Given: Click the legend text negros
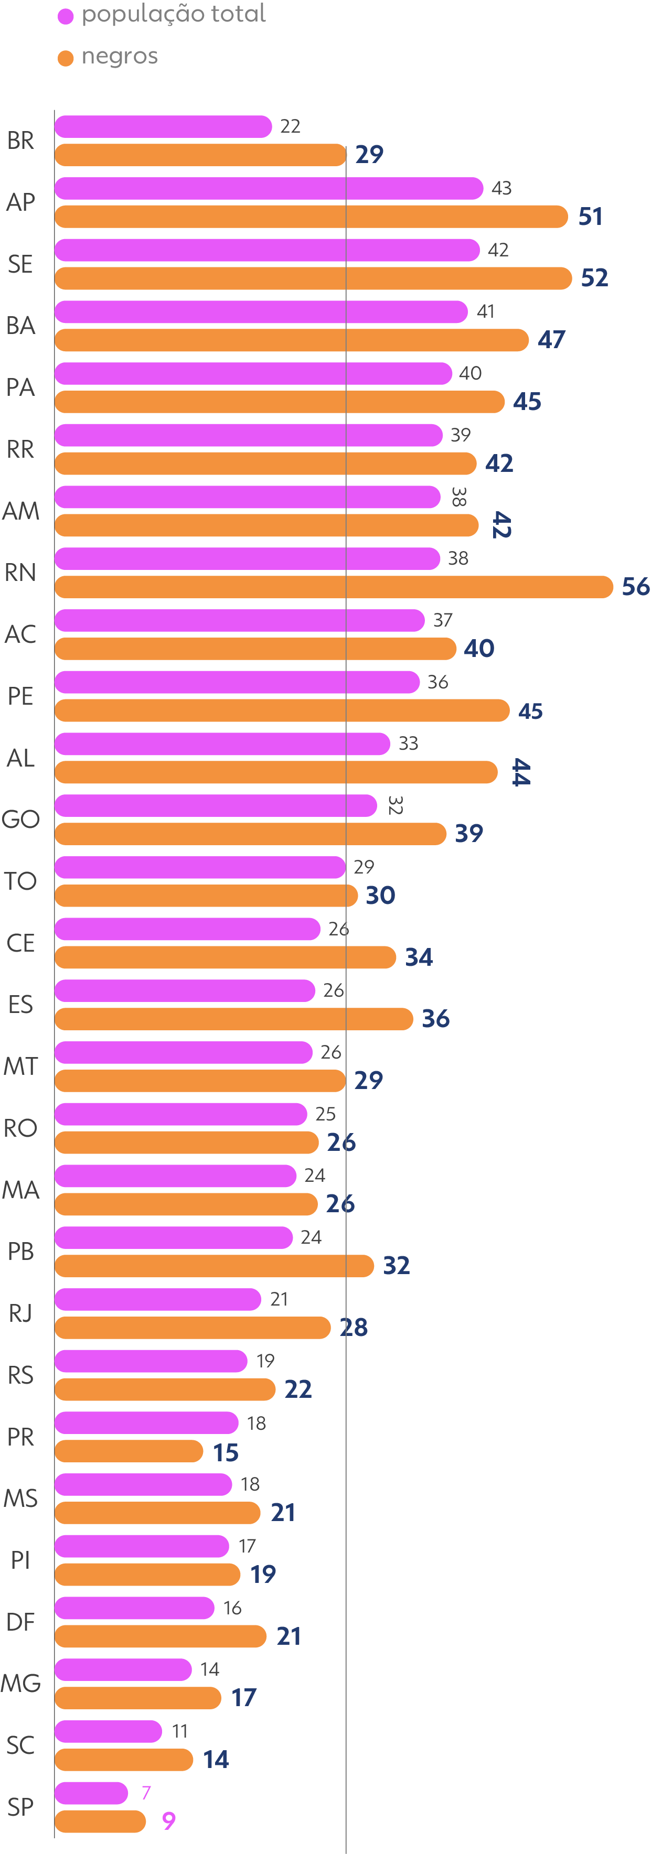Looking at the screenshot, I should point(120,56).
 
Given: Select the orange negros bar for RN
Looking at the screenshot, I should point(334,587).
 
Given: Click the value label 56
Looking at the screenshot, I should point(635,587).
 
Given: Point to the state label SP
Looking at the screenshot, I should point(20,1806).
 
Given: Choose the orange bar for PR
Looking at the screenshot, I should point(129,1451).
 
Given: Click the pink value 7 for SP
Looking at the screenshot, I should point(146,1792).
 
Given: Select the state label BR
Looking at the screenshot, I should point(20,141).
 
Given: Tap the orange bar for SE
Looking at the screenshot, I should point(313,278).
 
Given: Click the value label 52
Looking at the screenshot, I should point(594,278).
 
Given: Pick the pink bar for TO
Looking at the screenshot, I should point(200,867).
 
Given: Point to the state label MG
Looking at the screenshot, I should point(20,1683).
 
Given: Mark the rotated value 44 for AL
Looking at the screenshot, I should point(520,772).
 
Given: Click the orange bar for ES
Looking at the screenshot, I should point(234,1018).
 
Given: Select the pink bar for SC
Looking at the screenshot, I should point(108,1731).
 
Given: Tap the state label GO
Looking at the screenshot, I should point(20,819).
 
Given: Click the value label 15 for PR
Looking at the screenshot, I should point(226,1452).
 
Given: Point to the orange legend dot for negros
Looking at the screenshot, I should point(66,58).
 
